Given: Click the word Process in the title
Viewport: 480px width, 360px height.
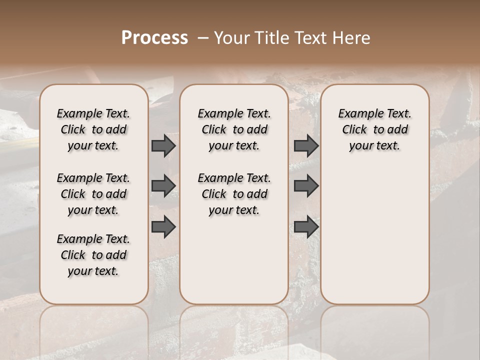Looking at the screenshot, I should (x=154, y=37).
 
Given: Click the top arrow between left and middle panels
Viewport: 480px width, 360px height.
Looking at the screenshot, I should (x=163, y=146).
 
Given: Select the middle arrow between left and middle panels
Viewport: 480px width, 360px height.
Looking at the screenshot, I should (x=163, y=186).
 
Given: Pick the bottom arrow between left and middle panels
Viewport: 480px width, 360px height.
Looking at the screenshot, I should (x=163, y=227).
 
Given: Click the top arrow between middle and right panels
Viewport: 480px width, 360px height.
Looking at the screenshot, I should (x=306, y=146).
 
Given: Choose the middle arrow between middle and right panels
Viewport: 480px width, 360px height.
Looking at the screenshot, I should (x=306, y=186).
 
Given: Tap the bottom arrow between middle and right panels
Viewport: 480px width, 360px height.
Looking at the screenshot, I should (x=306, y=227).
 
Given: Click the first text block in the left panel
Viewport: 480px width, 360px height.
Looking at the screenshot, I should (x=93, y=129).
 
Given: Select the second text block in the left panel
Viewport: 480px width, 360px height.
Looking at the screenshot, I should (x=93, y=194).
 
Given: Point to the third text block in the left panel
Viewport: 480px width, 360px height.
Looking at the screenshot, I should (x=93, y=255).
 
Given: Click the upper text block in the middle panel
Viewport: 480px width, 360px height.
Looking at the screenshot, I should (x=234, y=129).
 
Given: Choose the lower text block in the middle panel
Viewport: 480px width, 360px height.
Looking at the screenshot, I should (x=234, y=194).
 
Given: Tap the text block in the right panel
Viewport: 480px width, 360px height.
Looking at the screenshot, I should (x=374, y=129).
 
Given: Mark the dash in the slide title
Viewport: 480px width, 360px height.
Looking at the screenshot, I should (x=202, y=37).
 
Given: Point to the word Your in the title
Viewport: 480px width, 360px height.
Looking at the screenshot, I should (x=232, y=37).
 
